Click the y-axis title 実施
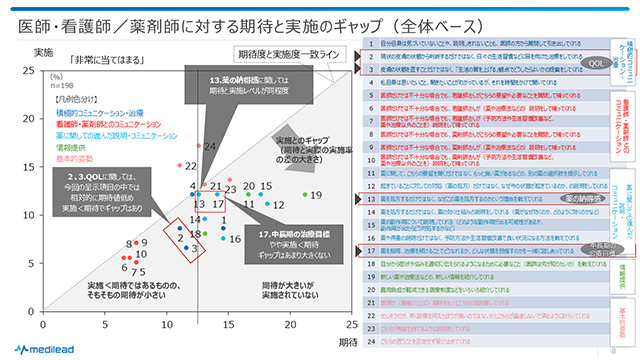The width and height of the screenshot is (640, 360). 43,52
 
